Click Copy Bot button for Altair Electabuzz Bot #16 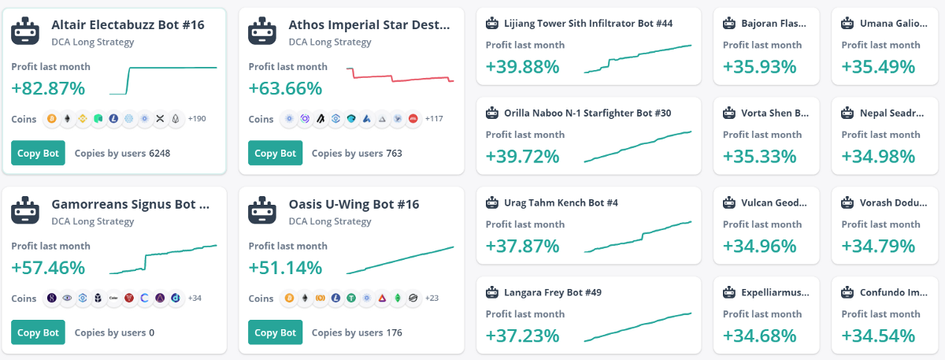[38, 153]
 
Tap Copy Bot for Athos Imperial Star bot [275, 153]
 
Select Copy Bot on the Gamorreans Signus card [38, 332]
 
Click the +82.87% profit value [48, 87]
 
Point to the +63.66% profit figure [285, 87]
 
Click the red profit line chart [400, 76]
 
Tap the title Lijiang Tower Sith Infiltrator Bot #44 [587, 24]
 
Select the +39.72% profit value [522, 156]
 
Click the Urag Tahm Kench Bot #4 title [561, 203]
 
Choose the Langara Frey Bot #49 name [553, 293]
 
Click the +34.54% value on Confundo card [878, 336]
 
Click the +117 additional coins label [434, 119]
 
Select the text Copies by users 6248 [122, 153]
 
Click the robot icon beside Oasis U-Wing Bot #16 [262, 210]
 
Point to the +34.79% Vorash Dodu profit [878, 246]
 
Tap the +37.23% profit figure [522, 336]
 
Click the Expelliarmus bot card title [775, 293]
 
